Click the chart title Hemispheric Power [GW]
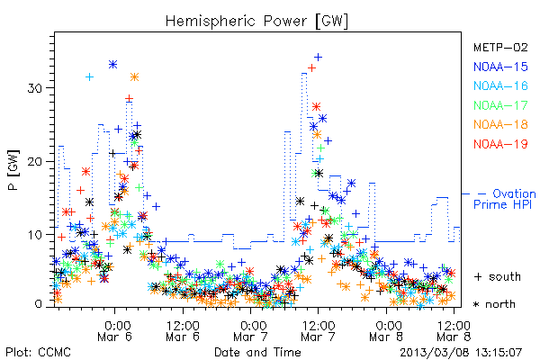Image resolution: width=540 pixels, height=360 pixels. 256,21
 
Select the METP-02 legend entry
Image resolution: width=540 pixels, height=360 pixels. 500,47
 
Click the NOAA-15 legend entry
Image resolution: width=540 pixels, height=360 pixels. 500,67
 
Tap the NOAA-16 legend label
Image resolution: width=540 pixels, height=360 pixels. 500,85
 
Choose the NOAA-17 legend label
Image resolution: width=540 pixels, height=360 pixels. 500,105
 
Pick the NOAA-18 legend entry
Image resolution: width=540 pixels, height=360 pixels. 500,124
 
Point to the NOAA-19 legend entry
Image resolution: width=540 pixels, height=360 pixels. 500,144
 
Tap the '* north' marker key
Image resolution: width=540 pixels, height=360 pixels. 494,304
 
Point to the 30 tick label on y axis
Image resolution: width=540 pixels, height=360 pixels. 34,88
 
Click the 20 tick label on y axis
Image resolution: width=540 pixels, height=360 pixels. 34,162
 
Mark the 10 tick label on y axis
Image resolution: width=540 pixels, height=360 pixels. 34,235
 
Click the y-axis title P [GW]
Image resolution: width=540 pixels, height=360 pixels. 13,170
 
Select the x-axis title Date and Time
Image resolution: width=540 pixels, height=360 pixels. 257,352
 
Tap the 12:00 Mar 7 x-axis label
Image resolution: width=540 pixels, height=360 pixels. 318,331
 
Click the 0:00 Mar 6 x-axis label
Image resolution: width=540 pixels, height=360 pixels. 115,331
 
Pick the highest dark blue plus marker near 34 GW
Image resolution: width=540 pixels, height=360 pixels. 319,58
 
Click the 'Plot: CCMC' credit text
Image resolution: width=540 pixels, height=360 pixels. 38,352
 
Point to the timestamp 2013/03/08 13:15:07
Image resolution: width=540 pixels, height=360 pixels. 461,353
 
